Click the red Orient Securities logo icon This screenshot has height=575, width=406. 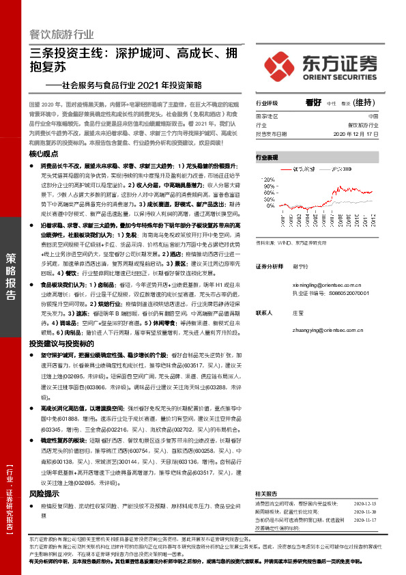click(282, 64)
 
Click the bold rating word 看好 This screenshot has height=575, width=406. click(313, 102)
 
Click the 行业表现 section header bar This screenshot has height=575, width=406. click(317, 157)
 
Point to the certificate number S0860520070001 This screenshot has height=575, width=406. click(359, 294)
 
